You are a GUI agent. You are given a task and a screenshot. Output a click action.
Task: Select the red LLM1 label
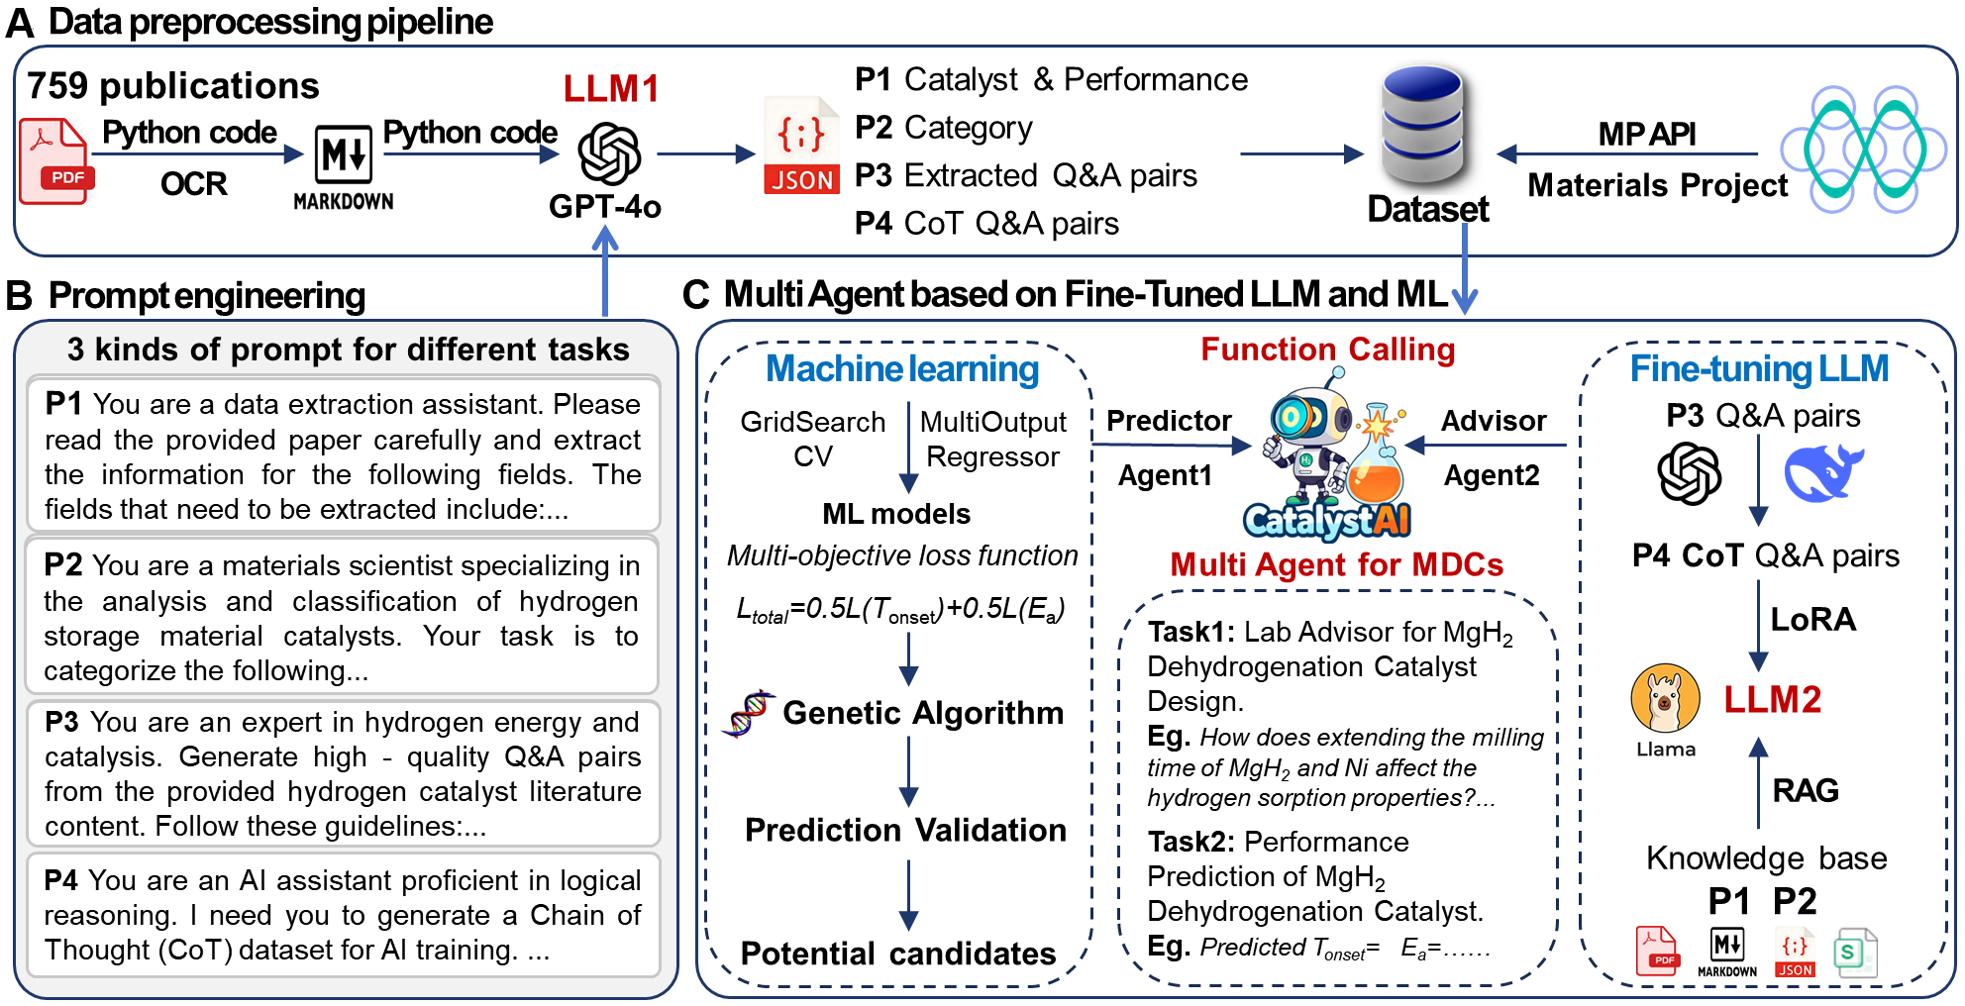tap(610, 89)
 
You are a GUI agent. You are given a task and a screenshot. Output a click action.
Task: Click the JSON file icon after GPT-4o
tap(801, 147)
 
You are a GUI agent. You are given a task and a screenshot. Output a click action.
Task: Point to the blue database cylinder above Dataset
tap(1422, 124)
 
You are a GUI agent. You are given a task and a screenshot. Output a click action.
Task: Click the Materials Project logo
tap(1863, 150)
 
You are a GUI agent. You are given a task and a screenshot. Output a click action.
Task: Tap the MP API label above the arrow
tap(1646, 134)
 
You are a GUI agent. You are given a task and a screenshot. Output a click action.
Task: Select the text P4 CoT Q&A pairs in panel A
tap(986, 224)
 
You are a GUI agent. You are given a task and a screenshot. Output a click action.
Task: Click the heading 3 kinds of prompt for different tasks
tap(348, 350)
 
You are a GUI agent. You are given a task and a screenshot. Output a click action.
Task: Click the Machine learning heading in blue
tap(901, 369)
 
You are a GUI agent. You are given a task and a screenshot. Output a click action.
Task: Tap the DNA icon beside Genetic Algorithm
tap(749, 714)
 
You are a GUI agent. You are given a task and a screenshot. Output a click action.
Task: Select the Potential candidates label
tap(897, 954)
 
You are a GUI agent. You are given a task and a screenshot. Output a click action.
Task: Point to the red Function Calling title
tap(1327, 350)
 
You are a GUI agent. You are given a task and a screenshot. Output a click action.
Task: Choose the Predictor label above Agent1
tap(1168, 421)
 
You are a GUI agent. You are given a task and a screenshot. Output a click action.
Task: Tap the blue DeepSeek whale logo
tap(1822, 472)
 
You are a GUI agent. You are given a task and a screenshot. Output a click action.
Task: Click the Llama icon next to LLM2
tap(1665, 698)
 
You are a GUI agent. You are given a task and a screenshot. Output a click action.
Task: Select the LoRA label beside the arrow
tap(1812, 620)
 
